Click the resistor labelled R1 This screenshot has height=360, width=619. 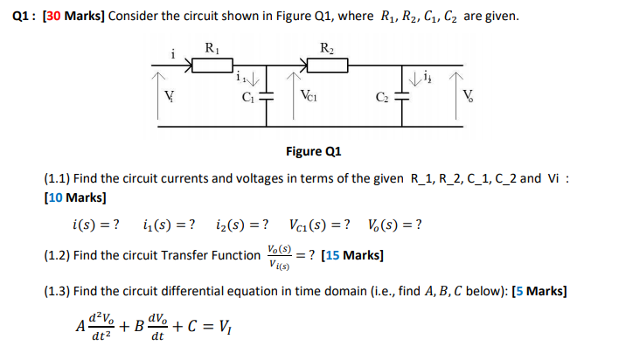[211, 64]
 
